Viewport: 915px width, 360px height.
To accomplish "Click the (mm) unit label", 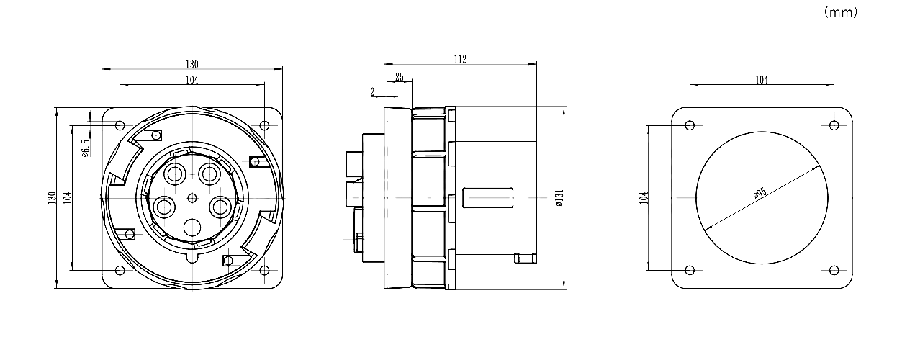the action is (x=841, y=12).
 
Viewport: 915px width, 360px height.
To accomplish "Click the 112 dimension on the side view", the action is (x=460, y=60).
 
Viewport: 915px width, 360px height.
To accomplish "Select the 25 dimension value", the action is (x=400, y=77).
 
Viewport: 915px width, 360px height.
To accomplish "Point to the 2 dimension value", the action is (x=372, y=92).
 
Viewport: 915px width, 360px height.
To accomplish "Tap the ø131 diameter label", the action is (x=559, y=198).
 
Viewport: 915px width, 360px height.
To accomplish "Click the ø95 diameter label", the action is (x=760, y=193).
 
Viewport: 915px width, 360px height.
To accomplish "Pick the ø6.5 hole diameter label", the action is (x=86, y=148).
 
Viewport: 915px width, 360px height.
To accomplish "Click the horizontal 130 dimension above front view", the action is (x=192, y=65).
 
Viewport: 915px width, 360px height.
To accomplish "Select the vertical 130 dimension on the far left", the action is (x=51, y=198).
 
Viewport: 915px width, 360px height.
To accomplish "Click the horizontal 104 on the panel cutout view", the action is (x=762, y=80).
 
